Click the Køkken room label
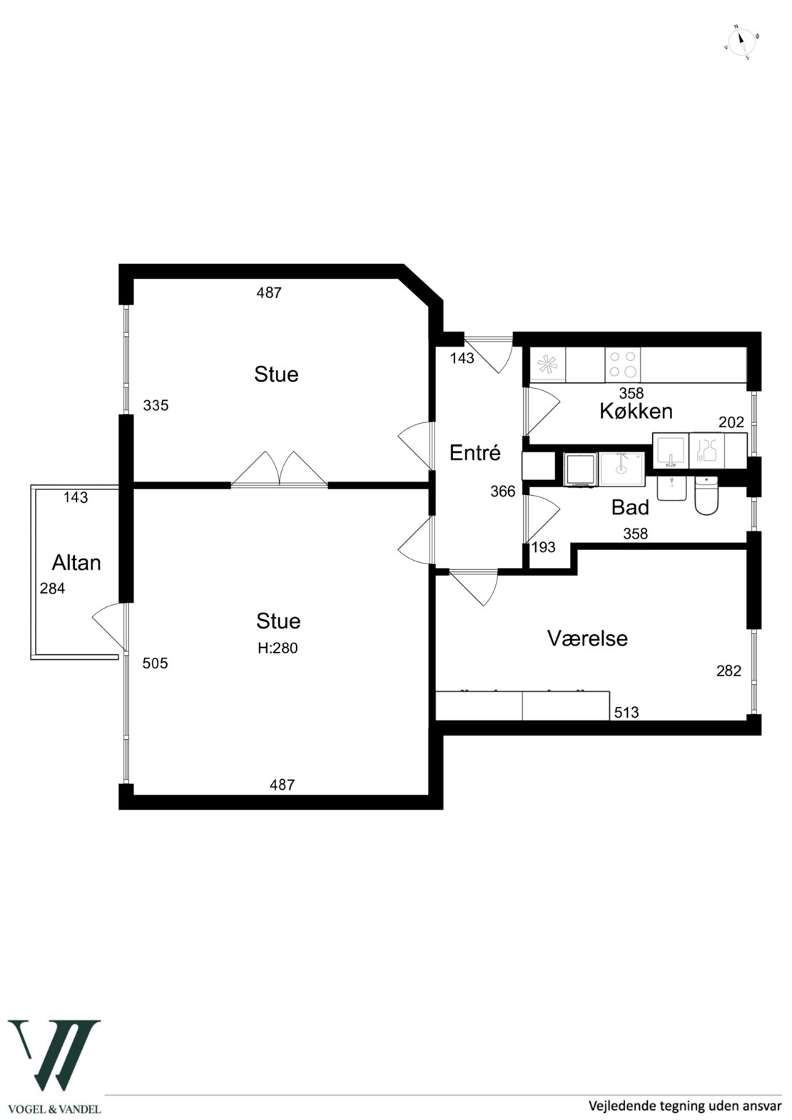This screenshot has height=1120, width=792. tap(636, 411)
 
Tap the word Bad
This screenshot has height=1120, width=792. tap(630, 507)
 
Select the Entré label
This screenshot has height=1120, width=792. tap(475, 452)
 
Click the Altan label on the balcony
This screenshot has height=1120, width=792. tap(76, 563)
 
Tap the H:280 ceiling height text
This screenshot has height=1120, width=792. tap(278, 648)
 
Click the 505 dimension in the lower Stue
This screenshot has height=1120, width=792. tap(155, 663)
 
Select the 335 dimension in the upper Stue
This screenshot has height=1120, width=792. tap(156, 405)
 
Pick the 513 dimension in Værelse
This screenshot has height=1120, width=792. tap(626, 712)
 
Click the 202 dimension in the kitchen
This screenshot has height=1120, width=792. tap(731, 422)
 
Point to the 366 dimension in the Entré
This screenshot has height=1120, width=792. tap(502, 492)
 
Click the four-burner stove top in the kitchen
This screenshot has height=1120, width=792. tap(622, 365)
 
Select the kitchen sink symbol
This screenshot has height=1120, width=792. tap(671, 451)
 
